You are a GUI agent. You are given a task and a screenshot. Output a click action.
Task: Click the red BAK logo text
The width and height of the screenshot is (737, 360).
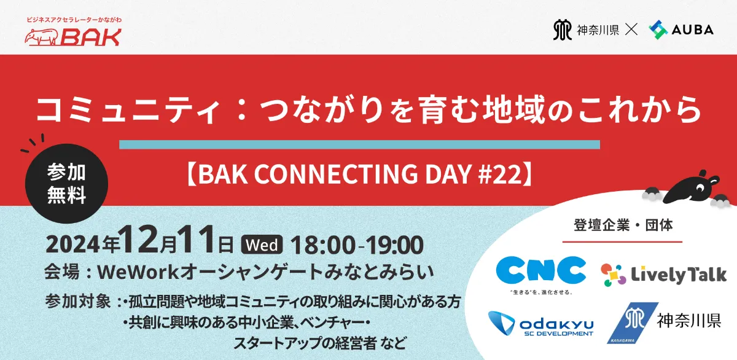coord(91,37)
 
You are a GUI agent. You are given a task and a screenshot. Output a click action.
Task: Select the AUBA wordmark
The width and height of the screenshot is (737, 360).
coord(693,30)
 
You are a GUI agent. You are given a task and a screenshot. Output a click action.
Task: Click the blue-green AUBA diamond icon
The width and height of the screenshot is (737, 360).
coord(658,29)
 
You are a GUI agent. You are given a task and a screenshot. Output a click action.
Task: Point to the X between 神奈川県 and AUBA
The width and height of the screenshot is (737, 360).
coord(631,29)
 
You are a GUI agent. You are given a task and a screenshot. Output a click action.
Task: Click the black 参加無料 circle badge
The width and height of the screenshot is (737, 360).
coord(66,183)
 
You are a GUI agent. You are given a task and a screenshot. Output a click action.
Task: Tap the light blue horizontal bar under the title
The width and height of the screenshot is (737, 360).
coord(359,145)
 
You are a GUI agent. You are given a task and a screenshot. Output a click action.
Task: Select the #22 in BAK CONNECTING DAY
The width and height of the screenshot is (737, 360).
coord(500,174)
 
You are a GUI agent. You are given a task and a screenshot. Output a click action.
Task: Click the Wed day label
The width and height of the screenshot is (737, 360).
coord(262,245)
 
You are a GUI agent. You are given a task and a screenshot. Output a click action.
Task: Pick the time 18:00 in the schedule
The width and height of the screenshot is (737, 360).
coord(323,245)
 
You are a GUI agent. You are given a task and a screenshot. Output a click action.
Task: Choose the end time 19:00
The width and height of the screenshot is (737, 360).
coord(395,245)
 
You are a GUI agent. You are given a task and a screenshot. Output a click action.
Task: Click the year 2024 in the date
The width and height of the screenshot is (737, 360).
coord(72,245)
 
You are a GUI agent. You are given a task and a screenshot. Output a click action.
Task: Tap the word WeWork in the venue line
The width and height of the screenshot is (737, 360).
coord(138,273)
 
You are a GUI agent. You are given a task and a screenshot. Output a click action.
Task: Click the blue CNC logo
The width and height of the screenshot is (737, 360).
coord(541,270)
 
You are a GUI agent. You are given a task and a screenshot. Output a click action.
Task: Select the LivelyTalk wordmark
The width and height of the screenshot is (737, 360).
coord(679,275)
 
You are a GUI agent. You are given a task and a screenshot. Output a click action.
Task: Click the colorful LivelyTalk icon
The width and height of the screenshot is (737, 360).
coord(614,275)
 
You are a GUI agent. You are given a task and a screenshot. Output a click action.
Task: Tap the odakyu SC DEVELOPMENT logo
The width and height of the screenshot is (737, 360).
coord(540,323)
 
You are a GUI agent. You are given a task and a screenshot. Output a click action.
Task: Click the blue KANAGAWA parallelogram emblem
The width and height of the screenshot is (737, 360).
coord(633,323)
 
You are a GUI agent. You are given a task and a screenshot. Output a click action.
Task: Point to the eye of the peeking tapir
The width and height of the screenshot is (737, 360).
coord(700,188)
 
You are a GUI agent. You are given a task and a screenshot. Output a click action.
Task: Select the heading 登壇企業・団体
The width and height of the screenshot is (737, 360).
coord(623,225)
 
